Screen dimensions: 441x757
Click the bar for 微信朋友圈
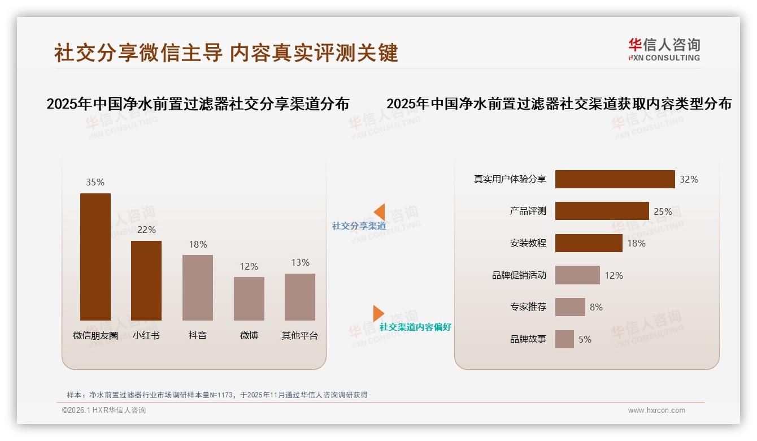click(x=95, y=257)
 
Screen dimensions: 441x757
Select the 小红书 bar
click(x=146, y=280)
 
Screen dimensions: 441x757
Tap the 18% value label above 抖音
click(x=198, y=244)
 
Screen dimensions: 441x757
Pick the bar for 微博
click(x=249, y=299)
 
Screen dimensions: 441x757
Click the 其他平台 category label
click(x=300, y=335)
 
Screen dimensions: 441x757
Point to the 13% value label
click(x=300, y=262)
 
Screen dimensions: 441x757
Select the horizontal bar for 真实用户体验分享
click(x=615, y=179)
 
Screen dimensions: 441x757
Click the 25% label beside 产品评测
click(x=663, y=211)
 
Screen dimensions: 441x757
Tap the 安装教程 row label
click(x=528, y=243)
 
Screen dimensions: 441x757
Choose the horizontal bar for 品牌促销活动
click(x=577, y=275)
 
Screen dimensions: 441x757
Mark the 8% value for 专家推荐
click(x=596, y=307)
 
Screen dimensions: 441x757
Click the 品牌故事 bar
click(x=564, y=339)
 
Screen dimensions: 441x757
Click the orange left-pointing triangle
click(x=380, y=212)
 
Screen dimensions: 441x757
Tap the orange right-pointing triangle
click(x=378, y=313)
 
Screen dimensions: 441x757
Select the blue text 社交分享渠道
click(x=359, y=226)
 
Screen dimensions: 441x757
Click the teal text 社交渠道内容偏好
click(x=415, y=327)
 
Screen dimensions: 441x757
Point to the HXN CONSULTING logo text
click(x=664, y=58)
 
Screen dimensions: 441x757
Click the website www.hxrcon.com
click(x=656, y=410)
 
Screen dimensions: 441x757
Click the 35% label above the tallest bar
click(x=95, y=182)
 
